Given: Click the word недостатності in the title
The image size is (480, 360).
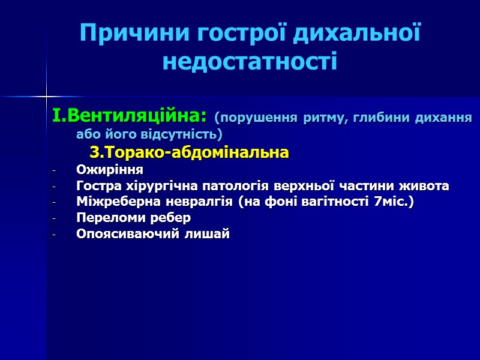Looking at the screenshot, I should (250, 61).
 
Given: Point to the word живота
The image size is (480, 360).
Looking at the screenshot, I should (426, 186).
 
